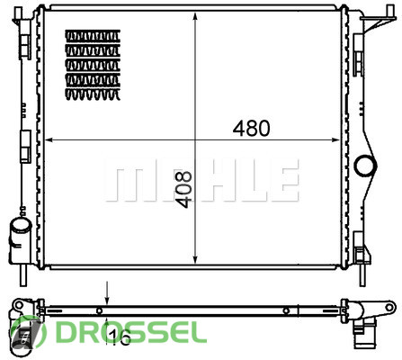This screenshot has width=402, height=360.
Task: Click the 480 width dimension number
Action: (251, 128)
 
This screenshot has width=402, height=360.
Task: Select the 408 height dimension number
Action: (183, 190)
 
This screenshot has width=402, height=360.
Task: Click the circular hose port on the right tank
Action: (365, 166)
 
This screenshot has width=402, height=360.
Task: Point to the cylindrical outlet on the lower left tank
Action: (21, 228)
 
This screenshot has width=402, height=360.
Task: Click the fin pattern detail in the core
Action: (93, 65)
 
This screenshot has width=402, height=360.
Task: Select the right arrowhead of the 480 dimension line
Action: (335, 139)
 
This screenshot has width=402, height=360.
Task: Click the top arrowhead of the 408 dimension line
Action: (195, 16)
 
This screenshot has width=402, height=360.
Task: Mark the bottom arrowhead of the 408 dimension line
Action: (195, 259)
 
